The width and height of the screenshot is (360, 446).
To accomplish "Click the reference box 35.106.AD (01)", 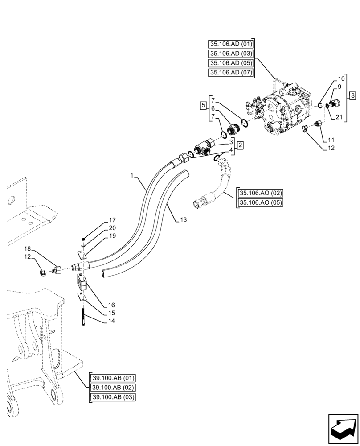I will click(x=230, y=44).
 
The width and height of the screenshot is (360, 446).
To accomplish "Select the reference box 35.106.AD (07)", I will click(x=230, y=73).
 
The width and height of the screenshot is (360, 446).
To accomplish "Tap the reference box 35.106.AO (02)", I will click(x=261, y=193).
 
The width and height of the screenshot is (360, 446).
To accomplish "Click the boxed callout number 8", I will click(x=352, y=95).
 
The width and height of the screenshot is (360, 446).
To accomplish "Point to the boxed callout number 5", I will click(x=203, y=106).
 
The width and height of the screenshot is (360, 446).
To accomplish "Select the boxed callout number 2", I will click(x=240, y=145).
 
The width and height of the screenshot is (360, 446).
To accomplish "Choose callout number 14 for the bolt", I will click(x=111, y=321).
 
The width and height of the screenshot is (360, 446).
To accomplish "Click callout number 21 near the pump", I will click(x=339, y=117).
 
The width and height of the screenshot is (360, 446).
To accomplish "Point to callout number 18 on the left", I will click(x=28, y=248).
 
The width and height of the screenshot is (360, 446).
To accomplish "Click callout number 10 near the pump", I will click(x=341, y=78).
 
